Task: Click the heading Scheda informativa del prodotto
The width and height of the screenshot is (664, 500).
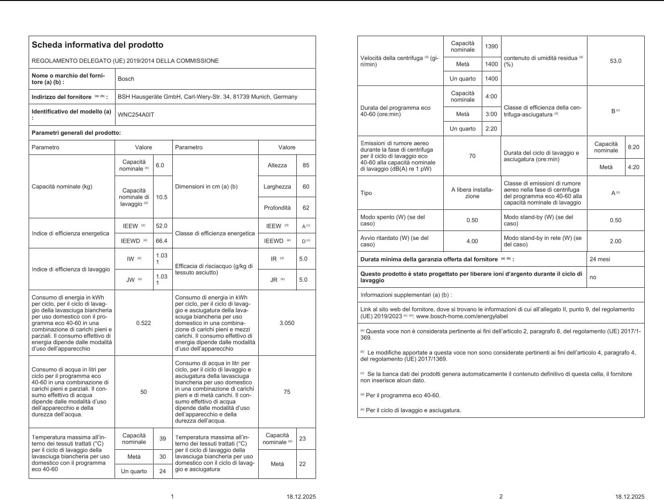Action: tap(97, 45)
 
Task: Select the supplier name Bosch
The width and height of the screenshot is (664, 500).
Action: tap(126, 79)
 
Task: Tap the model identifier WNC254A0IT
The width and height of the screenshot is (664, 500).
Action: tap(136, 115)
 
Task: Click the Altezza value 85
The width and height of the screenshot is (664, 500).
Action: tap(306, 165)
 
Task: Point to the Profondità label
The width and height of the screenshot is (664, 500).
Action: tap(277, 208)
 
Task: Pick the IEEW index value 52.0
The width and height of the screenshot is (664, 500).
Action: tap(162, 226)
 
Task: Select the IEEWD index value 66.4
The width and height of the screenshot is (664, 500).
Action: tap(162, 241)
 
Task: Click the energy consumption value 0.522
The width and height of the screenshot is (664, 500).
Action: tap(144, 323)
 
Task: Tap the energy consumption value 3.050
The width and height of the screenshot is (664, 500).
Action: tap(287, 323)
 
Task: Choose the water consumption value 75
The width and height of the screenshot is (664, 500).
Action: tap(287, 392)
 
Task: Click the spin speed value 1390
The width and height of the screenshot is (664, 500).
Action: tap(491, 46)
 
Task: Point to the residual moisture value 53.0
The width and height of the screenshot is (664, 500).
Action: tap(615, 61)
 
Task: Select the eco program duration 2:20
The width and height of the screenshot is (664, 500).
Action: tap(491, 129)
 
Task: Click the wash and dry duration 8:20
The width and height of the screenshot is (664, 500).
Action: tap(633, 147)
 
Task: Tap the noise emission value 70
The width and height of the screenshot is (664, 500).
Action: tap(472, 156)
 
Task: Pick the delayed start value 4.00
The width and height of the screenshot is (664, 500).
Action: tap(472, 241)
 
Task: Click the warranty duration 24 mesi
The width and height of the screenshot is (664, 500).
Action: tap(600, 259)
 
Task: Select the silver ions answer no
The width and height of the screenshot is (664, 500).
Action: tap(593, 277)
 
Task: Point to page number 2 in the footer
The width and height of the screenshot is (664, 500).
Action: tap(501, 497)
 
